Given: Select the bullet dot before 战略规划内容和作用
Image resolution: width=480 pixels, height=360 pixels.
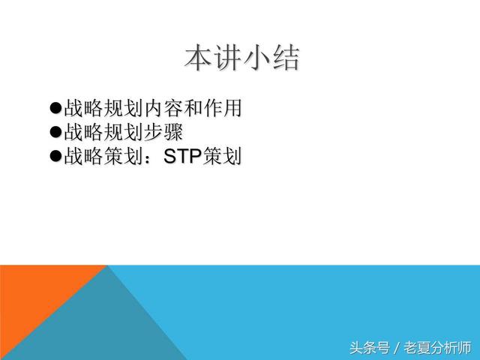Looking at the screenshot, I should click(54, 109).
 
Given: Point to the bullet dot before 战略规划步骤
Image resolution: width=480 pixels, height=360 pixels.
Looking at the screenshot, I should click(54, 133).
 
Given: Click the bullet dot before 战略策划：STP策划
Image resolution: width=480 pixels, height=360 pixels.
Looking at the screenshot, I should click(54, 157).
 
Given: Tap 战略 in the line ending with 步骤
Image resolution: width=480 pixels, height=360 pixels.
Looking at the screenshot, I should click(82, 133).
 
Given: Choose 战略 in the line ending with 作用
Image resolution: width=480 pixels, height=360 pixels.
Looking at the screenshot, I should click(82, 109).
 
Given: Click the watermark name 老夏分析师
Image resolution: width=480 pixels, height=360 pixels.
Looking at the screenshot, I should click(438, 347).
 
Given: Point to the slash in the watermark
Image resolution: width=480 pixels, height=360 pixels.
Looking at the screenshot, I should click(397, 347).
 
